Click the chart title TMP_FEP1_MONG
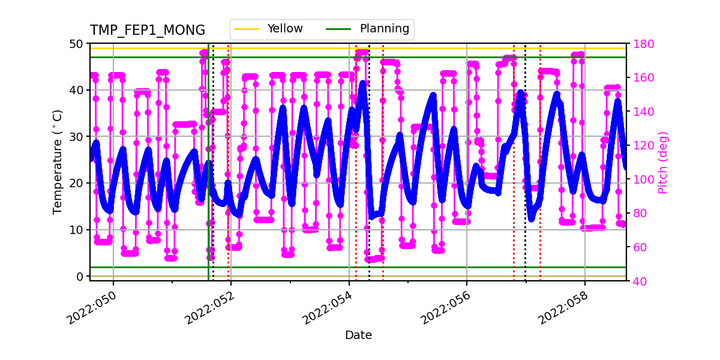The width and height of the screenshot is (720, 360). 148,31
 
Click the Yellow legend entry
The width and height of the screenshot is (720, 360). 284,29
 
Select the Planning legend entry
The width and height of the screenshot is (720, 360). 384,29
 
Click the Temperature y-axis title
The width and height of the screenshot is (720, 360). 58,162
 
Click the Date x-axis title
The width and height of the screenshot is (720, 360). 358,335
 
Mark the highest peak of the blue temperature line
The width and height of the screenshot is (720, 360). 362,83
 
